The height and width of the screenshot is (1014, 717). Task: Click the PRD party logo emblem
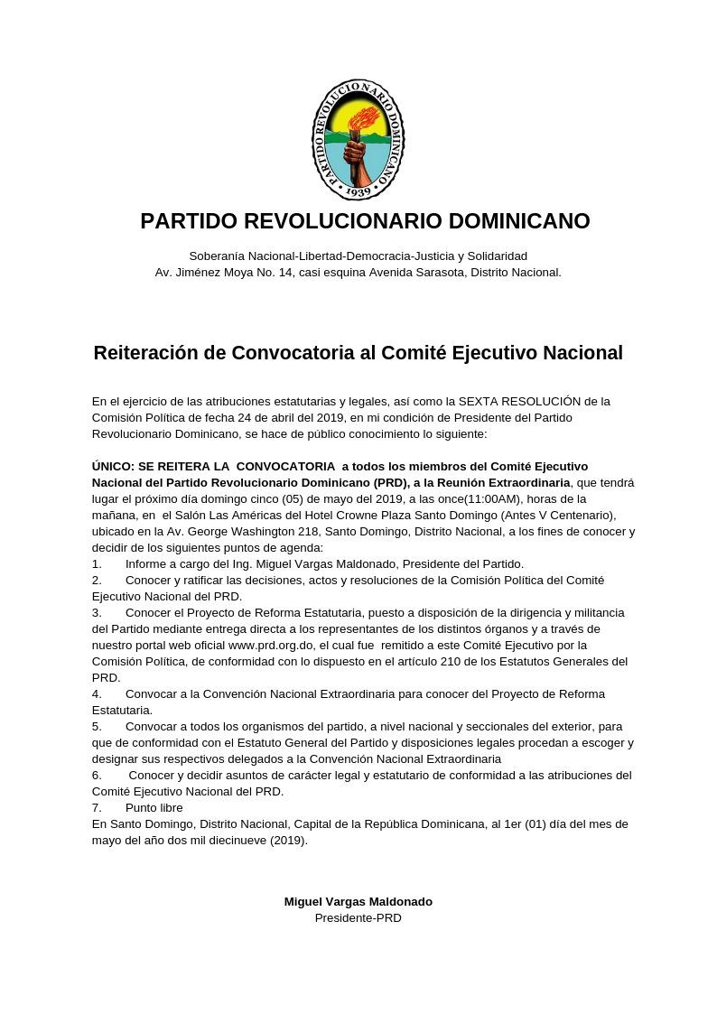coord(358,140)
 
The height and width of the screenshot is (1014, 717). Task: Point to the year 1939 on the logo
coord(358,191)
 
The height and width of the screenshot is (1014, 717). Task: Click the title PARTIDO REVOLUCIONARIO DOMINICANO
coord(365,221)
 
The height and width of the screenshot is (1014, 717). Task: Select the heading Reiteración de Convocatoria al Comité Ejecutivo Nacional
coord(358,353)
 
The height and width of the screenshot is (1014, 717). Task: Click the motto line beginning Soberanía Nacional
coord(358,256)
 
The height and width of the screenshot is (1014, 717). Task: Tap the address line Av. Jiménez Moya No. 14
coord(358,273)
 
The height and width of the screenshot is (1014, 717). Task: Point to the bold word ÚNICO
coord(111,467)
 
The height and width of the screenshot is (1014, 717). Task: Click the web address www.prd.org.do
coord(271,646)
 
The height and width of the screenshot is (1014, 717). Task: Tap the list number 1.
coord(97,564)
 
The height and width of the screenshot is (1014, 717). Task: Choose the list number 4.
coord(97,694)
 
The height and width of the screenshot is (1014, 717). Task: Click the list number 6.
coord(97,776)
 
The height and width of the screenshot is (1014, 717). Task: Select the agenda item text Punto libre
coord(154,808)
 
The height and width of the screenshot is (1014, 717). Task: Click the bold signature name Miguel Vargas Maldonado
coord(358,902)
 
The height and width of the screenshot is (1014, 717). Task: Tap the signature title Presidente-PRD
coord(358,918)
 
